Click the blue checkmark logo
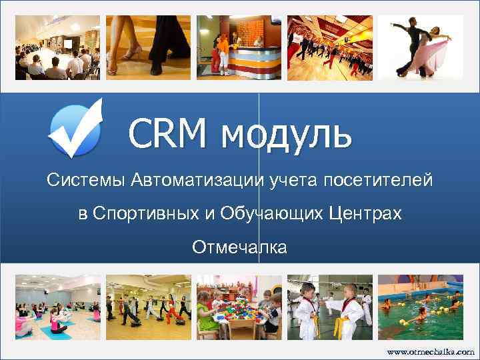tap(75, 128)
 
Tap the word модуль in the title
tap(286, 134)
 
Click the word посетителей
tap(377, 180)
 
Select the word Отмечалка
tap(239, 248)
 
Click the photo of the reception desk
tap(238, 47)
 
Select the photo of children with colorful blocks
tap(238, 307)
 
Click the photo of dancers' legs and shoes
tap(147, 47)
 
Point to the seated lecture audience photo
tap(57, 47)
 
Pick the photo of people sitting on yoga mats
tap(57, 307)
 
